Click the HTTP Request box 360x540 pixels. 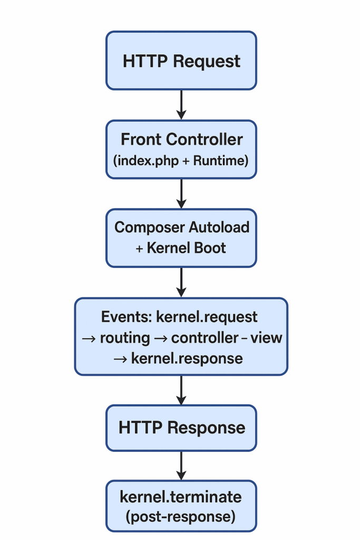point(181,61)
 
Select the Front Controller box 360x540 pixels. point(181,149)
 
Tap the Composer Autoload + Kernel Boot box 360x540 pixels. point(181,237)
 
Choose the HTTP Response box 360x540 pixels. point(181,427)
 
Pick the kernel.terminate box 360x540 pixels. point(181,505)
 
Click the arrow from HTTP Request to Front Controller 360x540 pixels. point(181,104)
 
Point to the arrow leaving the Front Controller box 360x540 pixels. point(181,193)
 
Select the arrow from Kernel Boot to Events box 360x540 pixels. point(181,282)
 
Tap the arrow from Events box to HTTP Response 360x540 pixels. point(181,390)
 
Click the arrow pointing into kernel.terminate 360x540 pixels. point(181,465)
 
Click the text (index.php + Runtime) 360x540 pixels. point(181,160)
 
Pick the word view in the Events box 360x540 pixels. point(267,338)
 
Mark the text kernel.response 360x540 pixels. point(187,359)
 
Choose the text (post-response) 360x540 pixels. point(181,516)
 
